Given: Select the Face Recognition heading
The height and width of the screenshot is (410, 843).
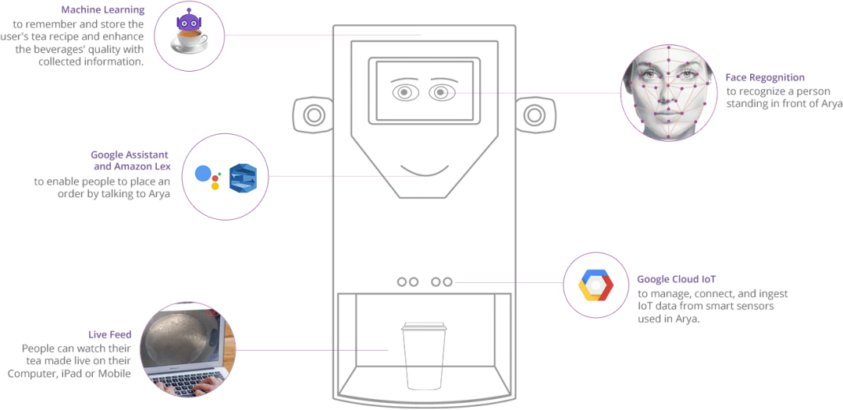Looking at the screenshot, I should [765, 78].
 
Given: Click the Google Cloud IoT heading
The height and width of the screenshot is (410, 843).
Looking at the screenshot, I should [676, 279].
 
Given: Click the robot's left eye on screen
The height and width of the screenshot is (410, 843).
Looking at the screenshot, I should [404, 92].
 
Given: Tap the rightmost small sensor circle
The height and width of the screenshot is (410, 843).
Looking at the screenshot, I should [447, 281].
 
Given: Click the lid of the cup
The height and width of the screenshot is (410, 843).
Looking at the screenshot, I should [422, 327].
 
